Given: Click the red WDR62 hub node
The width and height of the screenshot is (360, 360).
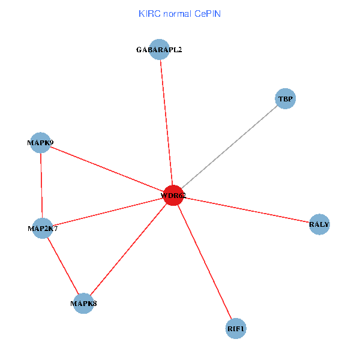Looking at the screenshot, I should click(173, 195).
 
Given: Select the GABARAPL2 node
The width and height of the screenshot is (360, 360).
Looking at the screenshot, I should click(159, 50).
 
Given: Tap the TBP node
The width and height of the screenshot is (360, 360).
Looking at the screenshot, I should click(286, 98).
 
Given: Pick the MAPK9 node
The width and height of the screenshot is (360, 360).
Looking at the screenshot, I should click(40, 143).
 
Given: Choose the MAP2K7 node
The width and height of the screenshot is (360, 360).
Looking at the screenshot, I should click(43, 229).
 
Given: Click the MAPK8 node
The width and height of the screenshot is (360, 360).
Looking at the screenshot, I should click(83, 304).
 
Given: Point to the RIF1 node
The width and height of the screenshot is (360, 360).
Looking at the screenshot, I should click(236, 329).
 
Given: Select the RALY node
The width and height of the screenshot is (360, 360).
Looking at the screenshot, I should click(319, 225).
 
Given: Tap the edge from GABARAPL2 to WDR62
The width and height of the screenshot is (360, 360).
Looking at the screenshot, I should click(166, 122).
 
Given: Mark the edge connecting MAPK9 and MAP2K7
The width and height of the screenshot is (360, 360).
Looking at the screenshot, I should click(41, 186).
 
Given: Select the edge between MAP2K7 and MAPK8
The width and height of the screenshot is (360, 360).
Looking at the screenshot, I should click(63, 266).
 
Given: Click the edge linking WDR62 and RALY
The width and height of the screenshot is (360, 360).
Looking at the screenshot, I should click(246, 210).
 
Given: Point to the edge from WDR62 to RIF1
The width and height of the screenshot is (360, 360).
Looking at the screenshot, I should click(205, 262).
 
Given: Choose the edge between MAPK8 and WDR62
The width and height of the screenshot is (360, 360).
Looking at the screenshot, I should click(128, 249).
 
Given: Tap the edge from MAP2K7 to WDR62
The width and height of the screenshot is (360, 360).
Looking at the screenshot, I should click(108, 212).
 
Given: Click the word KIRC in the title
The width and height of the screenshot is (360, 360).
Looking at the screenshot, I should click(148, 13).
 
